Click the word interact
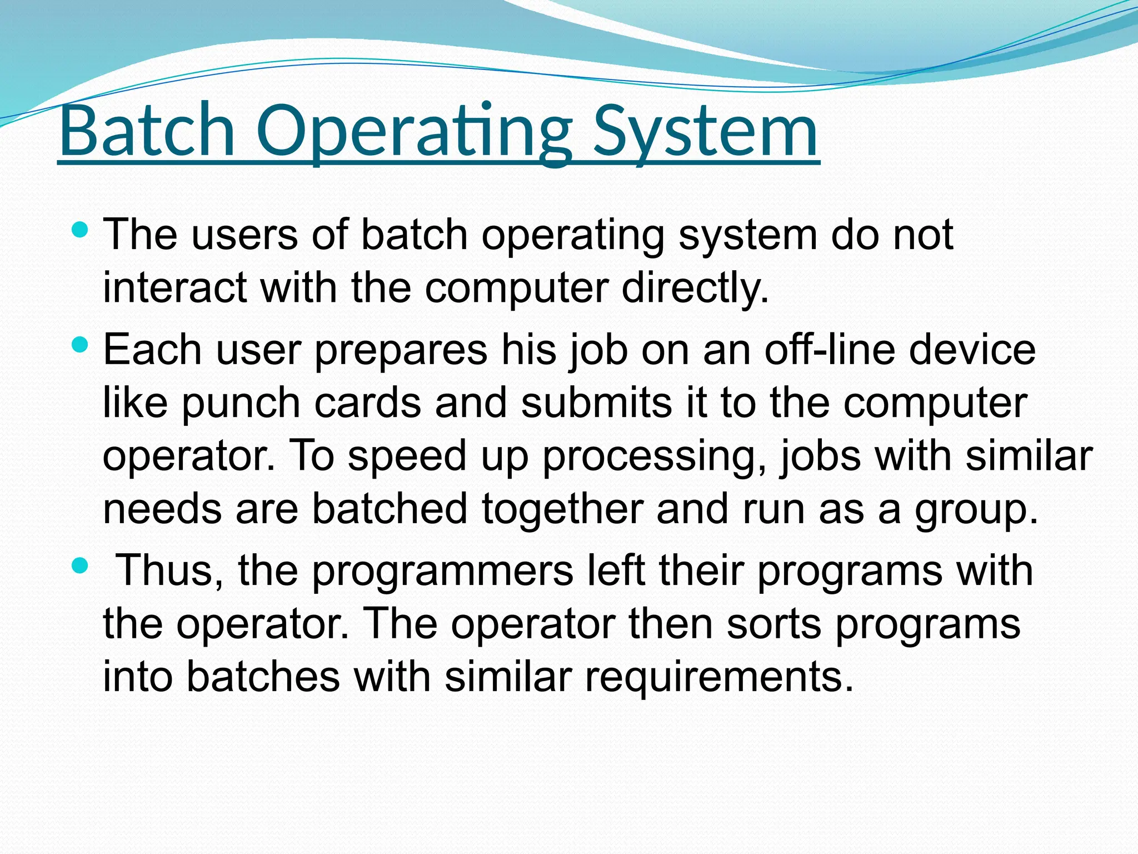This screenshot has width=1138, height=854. [x=174, y=288]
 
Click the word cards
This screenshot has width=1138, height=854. [x=367, y=403]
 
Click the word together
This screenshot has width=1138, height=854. [x=562, y=510]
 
